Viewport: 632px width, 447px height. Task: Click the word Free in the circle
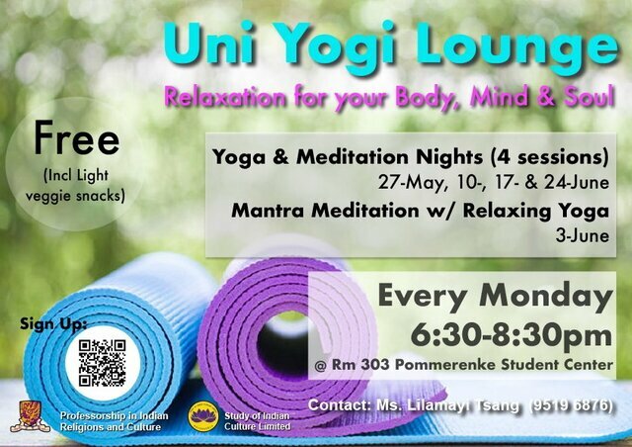tap(76, 137)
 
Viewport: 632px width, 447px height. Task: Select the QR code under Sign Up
tap(102, 363)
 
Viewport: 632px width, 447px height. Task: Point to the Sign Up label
tap(52, 323)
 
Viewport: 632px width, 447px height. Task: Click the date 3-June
tap(582, 235)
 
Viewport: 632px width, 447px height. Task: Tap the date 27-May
tap(413, 183)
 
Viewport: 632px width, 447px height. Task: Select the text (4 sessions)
tap(550, 157)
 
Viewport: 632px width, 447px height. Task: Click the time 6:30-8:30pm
tap(512, 335)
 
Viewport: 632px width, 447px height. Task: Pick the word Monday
tap(546, 297)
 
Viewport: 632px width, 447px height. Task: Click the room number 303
tap(375, 365)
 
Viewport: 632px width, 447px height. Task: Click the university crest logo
tap(30, 416)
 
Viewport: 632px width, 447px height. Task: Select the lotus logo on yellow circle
tap(203, 416)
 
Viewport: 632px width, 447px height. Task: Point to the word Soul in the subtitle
tap(590, 97)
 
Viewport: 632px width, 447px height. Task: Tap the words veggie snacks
tap(75, 196)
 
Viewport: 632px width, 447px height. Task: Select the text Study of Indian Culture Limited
tap(257, 421)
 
